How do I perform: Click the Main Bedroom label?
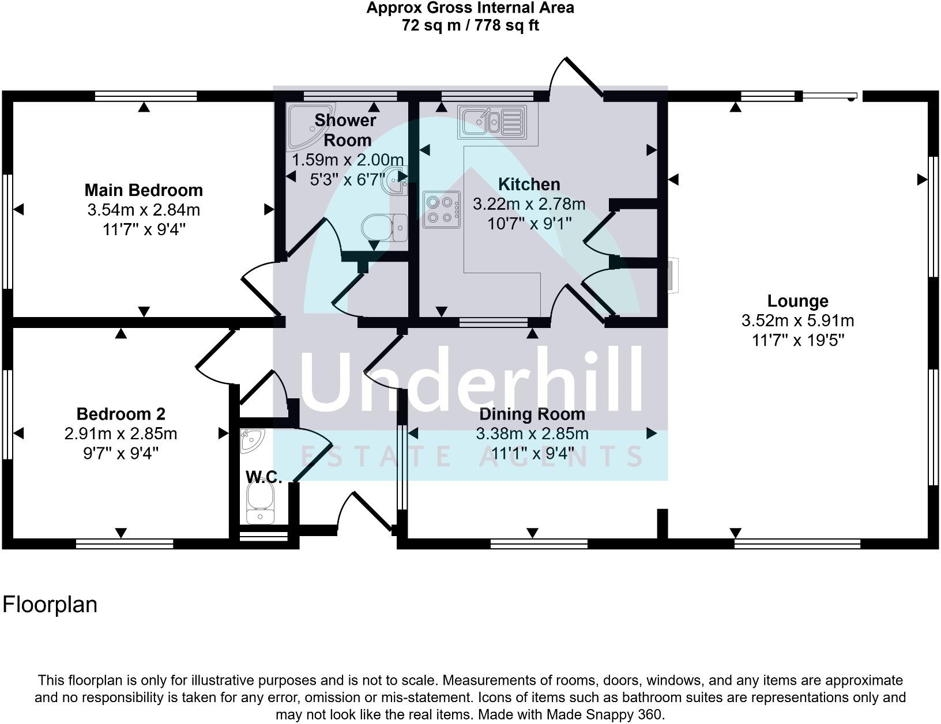coord(144,190)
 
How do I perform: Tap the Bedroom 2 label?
coord(121,414)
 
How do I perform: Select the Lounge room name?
coord(797,301)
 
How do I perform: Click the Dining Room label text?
coord(532,414)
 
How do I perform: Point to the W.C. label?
coord(264,477)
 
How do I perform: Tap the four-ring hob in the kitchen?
coord(442,209)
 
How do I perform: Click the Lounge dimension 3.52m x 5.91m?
coord(797,320)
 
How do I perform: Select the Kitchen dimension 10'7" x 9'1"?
coord(529,223)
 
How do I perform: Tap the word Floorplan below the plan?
coord(50,605)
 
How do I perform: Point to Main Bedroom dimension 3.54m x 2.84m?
coord(144,210)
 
